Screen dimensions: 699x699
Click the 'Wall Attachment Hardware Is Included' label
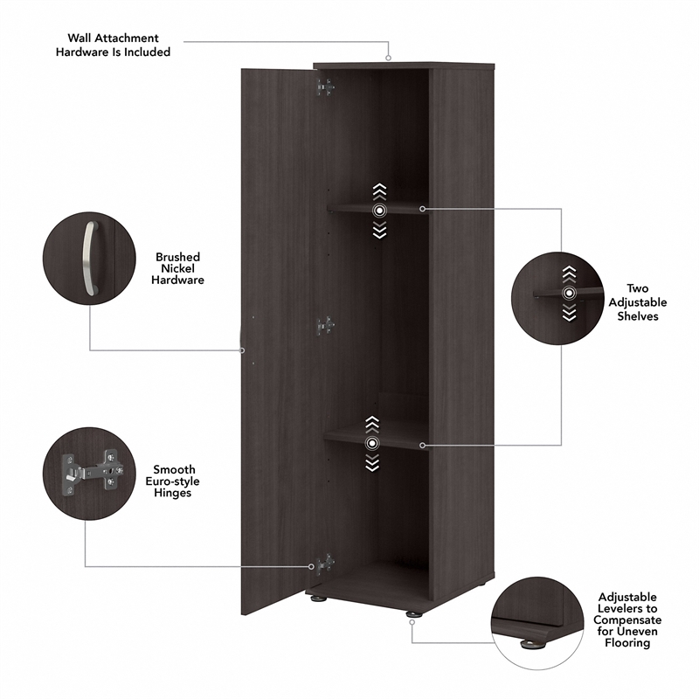tap(119, 45)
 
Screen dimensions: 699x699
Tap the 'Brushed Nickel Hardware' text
tap(177, 268)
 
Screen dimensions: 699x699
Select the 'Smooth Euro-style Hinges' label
tap(174, 481)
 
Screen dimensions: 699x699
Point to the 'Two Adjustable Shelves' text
tap(637, 301)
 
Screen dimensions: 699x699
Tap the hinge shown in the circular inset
tap(87, 473)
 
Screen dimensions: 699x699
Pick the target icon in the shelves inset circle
tap(570, 294)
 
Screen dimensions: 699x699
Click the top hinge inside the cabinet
tap(325, 86)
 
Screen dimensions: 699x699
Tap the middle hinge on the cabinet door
tap(325, 325)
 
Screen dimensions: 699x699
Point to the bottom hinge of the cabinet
tap(325, 564)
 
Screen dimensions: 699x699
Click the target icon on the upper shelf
tap(378, 211)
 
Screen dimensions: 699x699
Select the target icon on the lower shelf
tap(373, 444)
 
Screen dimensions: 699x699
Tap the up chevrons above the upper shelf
tap(378, 190)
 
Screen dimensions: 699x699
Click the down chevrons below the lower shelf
tap(373, 464)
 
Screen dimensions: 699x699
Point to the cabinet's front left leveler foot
tap(316, 600)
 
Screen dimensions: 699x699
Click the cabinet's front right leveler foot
tap(412, 615)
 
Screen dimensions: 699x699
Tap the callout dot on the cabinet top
tap(388, 59)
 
